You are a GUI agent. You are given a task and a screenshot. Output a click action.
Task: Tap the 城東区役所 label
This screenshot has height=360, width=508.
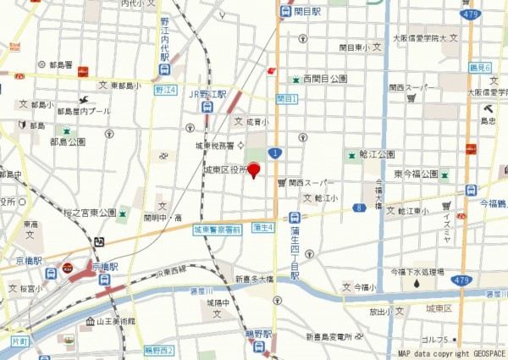[x=225, y=170]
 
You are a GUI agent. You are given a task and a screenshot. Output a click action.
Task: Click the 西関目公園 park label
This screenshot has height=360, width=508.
[x=325, y=79]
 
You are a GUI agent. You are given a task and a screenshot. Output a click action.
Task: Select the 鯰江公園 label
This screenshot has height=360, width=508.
[x=376, y=154]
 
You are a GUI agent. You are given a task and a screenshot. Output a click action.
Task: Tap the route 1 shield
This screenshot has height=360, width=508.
[x=274, y=152]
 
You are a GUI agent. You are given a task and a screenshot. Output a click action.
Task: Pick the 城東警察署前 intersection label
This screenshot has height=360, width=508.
[x=217, y=230]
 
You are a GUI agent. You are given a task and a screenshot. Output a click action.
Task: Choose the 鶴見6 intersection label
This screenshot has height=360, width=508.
[x=479, y=65]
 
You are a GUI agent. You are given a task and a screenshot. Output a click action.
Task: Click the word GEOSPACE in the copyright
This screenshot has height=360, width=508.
[x=482, y=354]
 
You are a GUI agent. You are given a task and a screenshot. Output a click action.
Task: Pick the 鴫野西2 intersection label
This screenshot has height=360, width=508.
[x=159, y=350]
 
